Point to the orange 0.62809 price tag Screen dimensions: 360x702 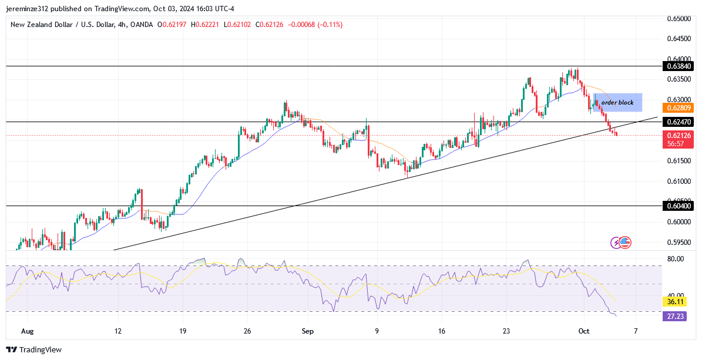679,108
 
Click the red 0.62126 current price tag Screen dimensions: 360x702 679,135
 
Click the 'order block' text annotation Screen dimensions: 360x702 617,103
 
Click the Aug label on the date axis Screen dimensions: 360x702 28,331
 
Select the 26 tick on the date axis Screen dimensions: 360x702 247,331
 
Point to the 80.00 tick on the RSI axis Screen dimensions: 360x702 676,258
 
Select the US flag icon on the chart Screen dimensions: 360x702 625,242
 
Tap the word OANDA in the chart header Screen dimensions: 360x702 141,25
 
